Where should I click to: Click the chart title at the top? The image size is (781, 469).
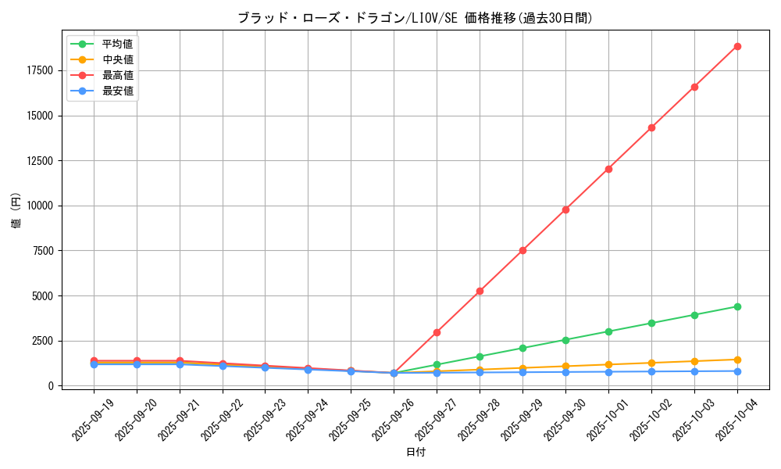(415, 18)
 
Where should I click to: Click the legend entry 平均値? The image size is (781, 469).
(117, 44)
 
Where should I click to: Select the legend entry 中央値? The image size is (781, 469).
(117, 59)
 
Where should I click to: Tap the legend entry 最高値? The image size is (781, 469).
(117, 75)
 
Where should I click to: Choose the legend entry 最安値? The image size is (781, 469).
(117, 91)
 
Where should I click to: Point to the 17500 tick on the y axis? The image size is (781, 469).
(39, 70)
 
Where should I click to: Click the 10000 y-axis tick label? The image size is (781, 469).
(39, 206)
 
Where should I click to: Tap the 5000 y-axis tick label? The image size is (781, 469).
(42, 296)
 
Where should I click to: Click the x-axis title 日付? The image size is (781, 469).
(415, 452)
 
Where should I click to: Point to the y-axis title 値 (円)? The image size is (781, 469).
(16, 210)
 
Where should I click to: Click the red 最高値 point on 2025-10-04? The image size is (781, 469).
(737, 46)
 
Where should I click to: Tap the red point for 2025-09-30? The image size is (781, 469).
(565, 209)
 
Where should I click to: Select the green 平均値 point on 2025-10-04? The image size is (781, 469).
(737, 306)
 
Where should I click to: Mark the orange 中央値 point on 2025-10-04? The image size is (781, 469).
(737, 360)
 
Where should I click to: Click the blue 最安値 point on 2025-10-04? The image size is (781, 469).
(737, 371)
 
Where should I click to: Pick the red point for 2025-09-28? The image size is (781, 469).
(480, 291)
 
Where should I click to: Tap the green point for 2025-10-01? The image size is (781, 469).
(608, 331)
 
